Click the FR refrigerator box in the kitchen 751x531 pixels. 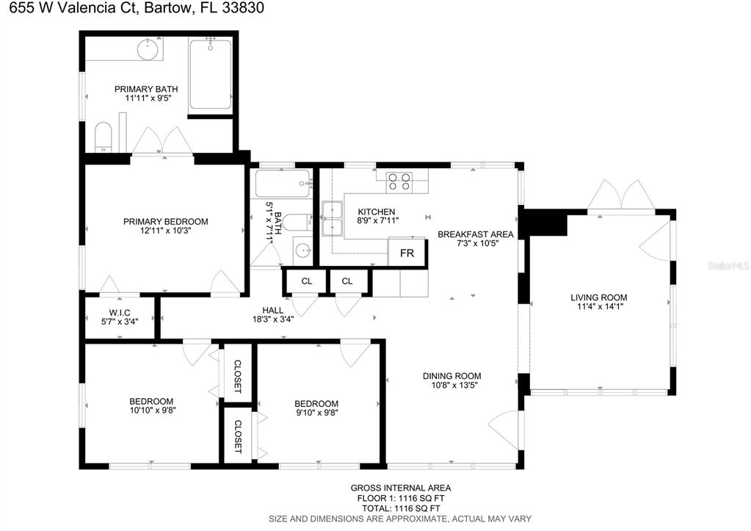click(407, 253)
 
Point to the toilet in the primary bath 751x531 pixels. click(103, 137)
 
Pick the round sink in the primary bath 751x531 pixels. click(148, 50)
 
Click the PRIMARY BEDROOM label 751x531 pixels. click(165, 221)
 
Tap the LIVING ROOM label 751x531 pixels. click(599, 297)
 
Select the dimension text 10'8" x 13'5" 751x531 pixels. click(451, 385)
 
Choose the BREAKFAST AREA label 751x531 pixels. click(475, 234)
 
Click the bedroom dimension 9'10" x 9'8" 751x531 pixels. click(316, 413)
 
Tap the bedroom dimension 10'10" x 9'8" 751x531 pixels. click(152, 411)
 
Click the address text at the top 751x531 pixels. click(133, 8)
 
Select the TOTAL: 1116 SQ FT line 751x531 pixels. click(400, 507)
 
